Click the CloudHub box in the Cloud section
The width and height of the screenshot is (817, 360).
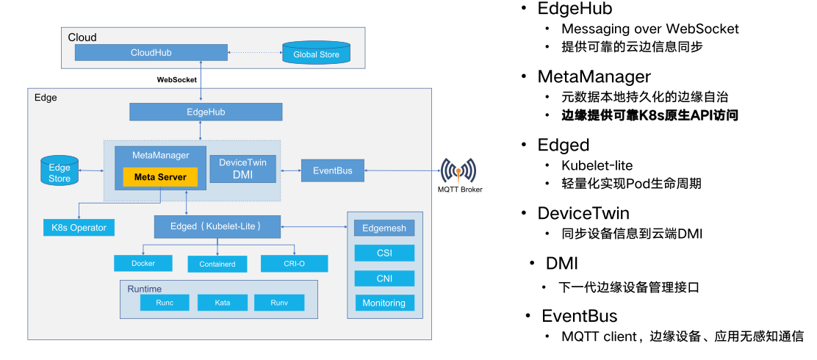[x=151, y=53]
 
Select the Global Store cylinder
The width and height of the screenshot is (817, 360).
[x=316, y=54]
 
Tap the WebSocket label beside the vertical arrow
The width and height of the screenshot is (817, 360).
[x=176, y=79]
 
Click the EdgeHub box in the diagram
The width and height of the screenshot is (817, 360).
[x=206, y=112]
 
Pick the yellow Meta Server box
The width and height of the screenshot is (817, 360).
[x=160, y=177]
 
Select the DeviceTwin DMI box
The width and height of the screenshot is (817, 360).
[x=242, y=168]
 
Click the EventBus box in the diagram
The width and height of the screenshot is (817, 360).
[x=332, y=170]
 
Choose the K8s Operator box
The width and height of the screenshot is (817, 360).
[x=79, y=228]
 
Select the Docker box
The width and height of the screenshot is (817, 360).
[x=143, y=263]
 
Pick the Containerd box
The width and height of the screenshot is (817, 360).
[x=217, y=264]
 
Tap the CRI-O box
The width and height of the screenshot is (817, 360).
[x=294, y=263]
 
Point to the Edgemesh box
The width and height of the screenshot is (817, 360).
[x=384, y=228]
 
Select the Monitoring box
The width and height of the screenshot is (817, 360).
[x=384, y=303]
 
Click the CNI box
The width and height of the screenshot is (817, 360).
[x=384, y=278]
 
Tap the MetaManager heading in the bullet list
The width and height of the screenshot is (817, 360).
[x=594, y=77]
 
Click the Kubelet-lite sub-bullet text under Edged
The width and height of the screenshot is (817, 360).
[x=597, y=165]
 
